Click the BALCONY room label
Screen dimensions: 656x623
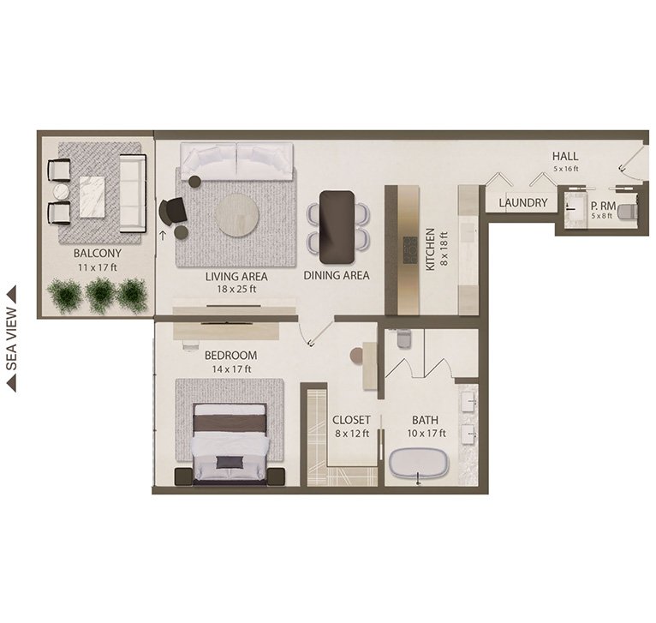click(x=98, y=254)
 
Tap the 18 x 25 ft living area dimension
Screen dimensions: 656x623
click(x=236, y=289)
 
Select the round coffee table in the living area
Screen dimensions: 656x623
click(x=236, y=215)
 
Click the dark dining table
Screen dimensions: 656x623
click(x=337, y=227)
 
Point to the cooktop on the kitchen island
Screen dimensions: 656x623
click(x=410, y=250)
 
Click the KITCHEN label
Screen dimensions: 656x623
click(x=430, y=249)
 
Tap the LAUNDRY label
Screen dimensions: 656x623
click(x=523, y=202)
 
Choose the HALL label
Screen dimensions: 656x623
click(x=565, y=156)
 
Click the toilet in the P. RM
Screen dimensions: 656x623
click(x=627, y=211)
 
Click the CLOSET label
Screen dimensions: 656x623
click(x=351, y=420)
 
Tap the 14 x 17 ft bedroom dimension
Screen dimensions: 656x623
click(x=231, y=369)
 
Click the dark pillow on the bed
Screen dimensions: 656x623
click(x=230, y=462)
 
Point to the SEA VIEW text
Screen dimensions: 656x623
click(x=12, y=339)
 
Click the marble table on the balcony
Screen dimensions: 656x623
click(x=92, y=197)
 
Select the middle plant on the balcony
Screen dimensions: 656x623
click(x=100, y=295)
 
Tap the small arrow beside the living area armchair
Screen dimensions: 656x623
click(x=163, y=236)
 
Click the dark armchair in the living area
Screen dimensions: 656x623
click(x=172, y=211)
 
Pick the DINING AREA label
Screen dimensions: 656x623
click(x=337, y=275)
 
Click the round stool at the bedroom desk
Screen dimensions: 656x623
click(x=356, y=355)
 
